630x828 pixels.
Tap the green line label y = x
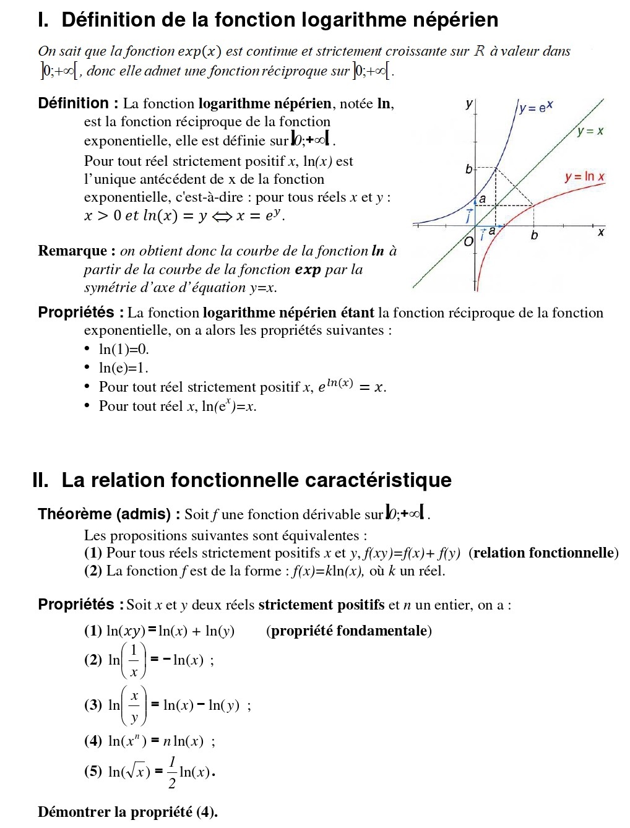pyautogui.click(x=590, y=131)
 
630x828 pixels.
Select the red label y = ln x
pyautogui.click(x=584, y=177)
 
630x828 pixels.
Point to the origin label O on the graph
pyautogui.click(x=469, y=241)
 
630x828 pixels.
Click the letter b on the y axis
pyautogui.click(x=468, y=169)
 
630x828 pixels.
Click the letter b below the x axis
pyautogui.click(x=534, y=236)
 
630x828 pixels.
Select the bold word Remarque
pyautogui.click(x=73, y=251)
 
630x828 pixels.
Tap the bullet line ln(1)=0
pyautogui.click(x=124, y=349)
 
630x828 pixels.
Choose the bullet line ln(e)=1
pyautogui.click(x=124, y=368)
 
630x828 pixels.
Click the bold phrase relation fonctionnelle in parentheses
pyautogui.click(x=543, y=553)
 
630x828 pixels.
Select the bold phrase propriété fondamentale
pyautogui.click(x=349, y=631)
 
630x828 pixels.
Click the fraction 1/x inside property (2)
pyautogui.click(x=134, y=660)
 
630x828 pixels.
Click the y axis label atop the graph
pyautogui.click(x=468, y=105)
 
